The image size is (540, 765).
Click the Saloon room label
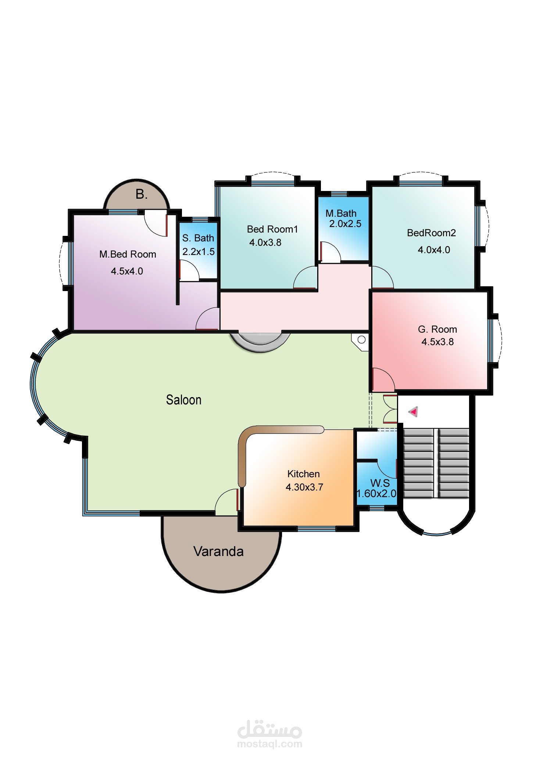(x=183, y=400)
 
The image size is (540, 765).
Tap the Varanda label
(x=218, y=552)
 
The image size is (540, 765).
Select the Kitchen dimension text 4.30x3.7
(x=304, y=487)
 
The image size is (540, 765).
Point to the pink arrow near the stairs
(x=414, y=412)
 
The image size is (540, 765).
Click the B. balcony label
(x=142, y=194)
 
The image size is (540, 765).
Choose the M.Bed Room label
(x=128, y=254)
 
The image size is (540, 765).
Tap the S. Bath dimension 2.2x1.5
(x=199, y=252)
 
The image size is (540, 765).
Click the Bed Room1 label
(x=272, y=229)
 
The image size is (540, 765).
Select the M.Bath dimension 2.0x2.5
(x=345, y=224)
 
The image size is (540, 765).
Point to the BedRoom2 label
(x=431, y=233)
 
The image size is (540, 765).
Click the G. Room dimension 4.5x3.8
(x=437, y=342)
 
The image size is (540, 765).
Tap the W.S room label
(x=380, y=483)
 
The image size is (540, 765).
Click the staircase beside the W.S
(x=436, y=463)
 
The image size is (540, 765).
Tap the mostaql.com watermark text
(x=270, y=744)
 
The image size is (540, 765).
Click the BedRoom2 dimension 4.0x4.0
(x=434, y=250)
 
